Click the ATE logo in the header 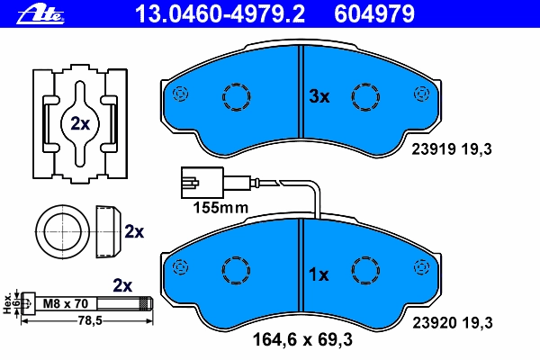40,14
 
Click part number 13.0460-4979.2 220,14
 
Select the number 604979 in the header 374,14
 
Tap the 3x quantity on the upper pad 319,96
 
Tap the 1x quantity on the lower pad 319,274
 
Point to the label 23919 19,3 452,149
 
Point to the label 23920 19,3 453,323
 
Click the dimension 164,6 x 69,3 302,339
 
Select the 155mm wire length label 220,208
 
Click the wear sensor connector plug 202,183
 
